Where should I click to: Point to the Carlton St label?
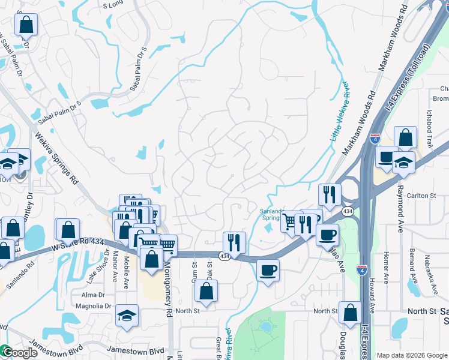421,196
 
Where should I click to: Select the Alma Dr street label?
93,295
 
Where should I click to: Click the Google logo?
19,353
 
